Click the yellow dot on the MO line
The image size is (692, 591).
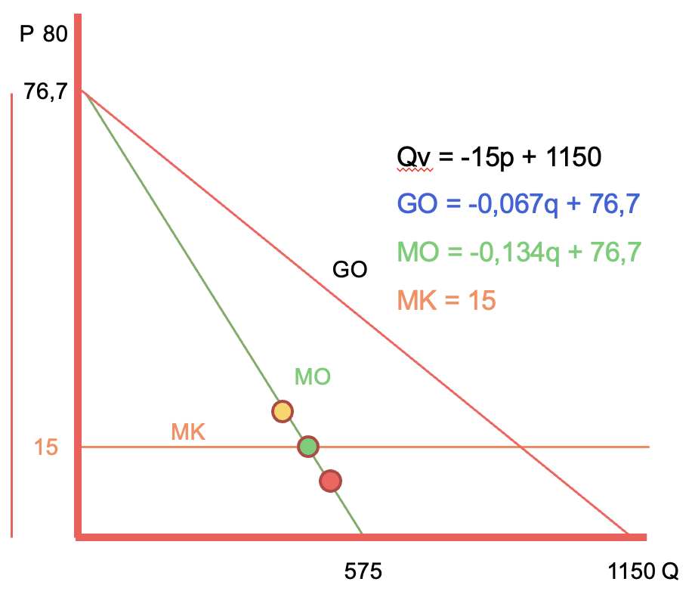click(282, 411)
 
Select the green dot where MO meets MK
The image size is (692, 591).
click(307, 447)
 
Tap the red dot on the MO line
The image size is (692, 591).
click(330, 480)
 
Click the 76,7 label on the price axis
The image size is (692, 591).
click(45, 92)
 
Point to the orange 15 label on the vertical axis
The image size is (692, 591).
click(46, 447)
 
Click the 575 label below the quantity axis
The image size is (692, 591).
click(363, 571)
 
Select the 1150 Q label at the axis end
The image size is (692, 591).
click(643, 571)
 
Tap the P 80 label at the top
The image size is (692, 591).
click(43, 35)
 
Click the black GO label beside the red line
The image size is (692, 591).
click(350, 269)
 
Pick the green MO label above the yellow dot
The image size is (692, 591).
click(312, 376)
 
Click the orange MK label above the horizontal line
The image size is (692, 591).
click(189, 432)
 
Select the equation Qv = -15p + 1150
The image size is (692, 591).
click(499, 158)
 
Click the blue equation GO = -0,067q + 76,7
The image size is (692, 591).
click(520, 204)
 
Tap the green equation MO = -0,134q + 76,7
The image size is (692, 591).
click(520, 252)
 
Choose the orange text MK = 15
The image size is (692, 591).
click(446, 300)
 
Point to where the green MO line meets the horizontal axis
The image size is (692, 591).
click(363, 535)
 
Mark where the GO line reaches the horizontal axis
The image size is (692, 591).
click(629, 535)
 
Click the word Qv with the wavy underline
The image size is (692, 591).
click(412, 159)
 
